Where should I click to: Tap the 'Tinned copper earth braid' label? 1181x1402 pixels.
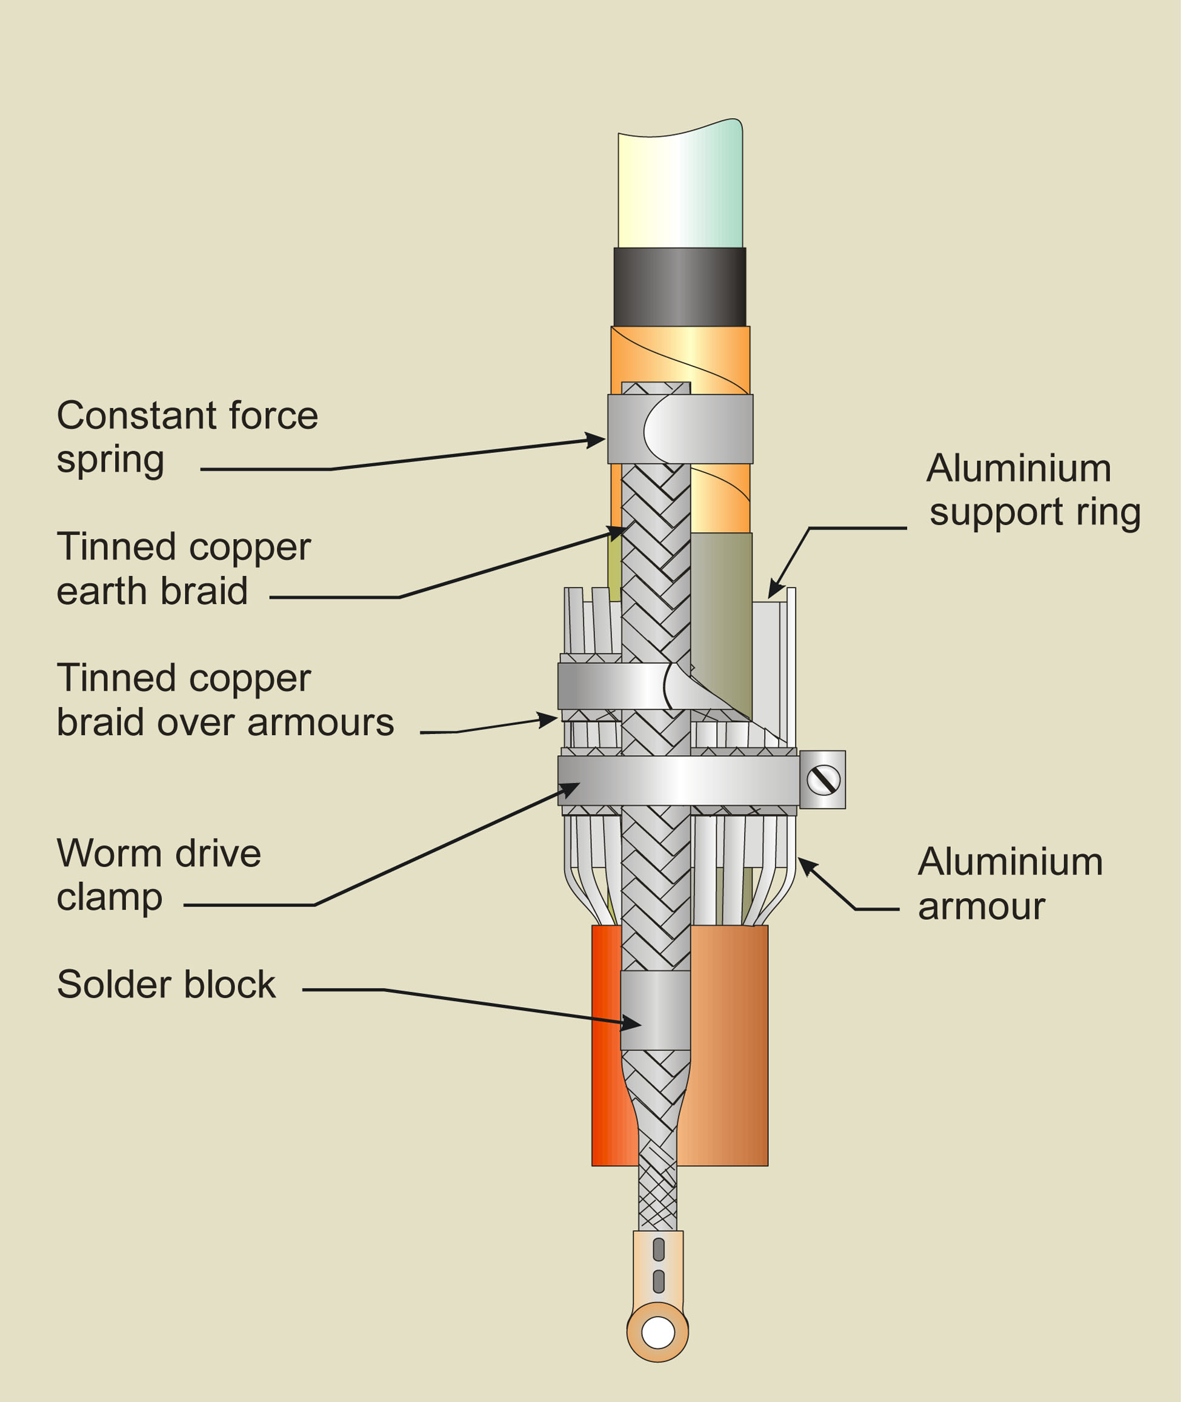click(184, 569)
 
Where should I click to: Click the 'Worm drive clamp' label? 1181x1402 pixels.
click(159, 875)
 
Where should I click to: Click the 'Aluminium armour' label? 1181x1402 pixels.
click(1010, 884)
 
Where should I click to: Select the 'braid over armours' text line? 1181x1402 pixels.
click(225, 722)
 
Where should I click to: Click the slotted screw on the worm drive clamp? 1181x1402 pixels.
click(823, 779)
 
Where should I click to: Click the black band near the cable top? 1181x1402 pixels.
click(679, 287)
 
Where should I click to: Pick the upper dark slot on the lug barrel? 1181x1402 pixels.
click(658, 1249)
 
